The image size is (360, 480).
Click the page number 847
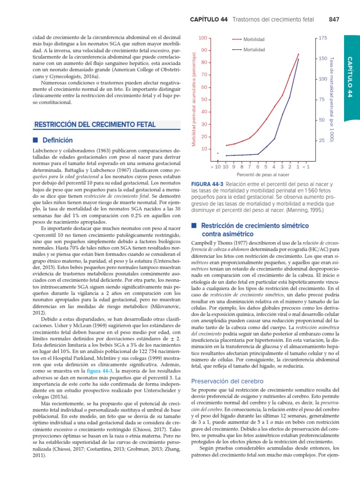pos(334,19)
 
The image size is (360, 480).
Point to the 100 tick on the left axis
pos(202,37)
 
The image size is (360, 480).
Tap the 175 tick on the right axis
pos(322,37)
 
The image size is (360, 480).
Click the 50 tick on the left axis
pos(204,99)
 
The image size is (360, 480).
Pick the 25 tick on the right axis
pos(322,141)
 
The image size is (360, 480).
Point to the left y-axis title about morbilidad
pos(193,91)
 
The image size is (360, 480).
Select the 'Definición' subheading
pos(58,140)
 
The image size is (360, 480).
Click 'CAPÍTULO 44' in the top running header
pos(209,19)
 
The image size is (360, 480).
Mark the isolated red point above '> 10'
pos(217,153)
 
